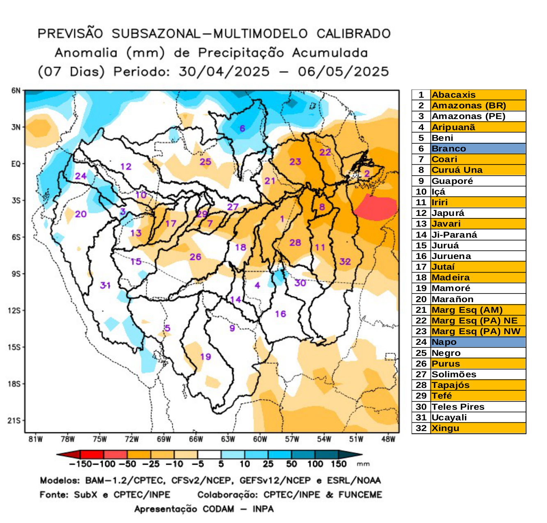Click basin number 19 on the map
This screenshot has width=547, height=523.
click(x=206, y=356)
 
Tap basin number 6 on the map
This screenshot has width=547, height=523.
click(x=242, y=128)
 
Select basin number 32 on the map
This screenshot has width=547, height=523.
click(x=345, y=261)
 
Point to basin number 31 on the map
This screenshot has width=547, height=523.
click(x=105, y=285)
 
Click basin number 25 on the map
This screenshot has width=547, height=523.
click(x=205, y=162)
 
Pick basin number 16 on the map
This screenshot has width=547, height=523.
click(x=280, y=314)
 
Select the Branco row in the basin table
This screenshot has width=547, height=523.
click(x=469, y=149)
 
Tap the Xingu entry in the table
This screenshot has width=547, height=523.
click(x=445, y=428)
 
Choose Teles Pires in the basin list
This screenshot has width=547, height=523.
click(x=458, y=407)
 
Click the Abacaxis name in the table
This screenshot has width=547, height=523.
click(x=453, y=95)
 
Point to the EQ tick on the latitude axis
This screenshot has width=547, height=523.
click(x=16, y=164)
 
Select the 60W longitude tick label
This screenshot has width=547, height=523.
click(x=260, y=439)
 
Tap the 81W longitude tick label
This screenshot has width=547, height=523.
click(x=35, y=439)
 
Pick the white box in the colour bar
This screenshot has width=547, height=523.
click(x=209, y=454)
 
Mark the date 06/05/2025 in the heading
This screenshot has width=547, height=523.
click(x=343, y=71)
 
